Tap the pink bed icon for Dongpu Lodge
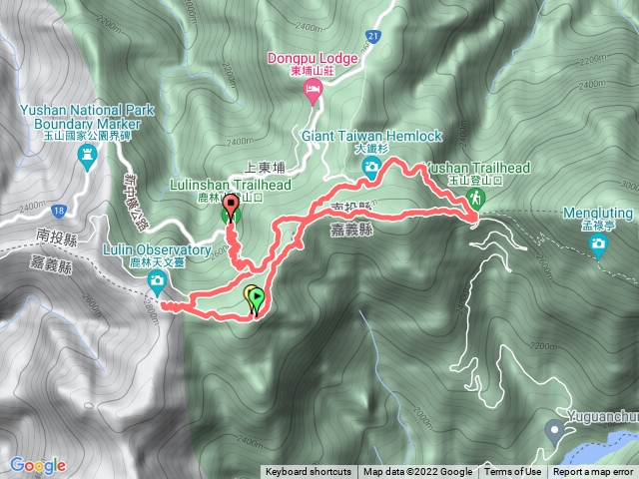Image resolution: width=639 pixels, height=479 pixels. click(311, 92)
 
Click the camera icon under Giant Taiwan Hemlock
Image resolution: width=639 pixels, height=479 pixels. click(371, 169)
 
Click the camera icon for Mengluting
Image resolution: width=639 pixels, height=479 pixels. click(599, 248)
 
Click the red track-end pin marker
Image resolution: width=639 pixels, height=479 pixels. click(232, 207)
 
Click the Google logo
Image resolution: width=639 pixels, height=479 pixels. click(37, 465)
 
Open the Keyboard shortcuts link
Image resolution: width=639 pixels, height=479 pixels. click(309, 472)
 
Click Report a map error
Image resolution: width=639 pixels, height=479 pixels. click(593, 472)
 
